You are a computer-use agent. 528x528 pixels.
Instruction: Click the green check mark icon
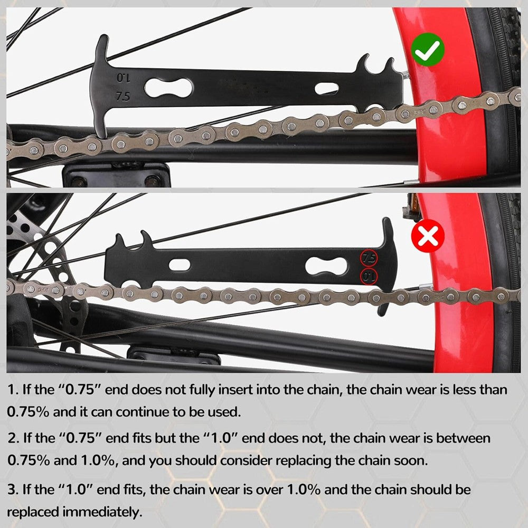pyautogui.click(x=428, y=49)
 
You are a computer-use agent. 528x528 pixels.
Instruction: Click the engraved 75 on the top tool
pyautogui.click(x=123, y=97)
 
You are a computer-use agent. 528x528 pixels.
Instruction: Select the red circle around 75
pyautogui.click(x=369, y=258)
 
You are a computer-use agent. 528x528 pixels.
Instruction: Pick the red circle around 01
pyautogui.click(x=369, y=276)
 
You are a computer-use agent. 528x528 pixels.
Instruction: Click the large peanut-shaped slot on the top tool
pyautogui.click(x=169, y=87)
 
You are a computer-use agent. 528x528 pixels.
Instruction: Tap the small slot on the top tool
pyautogui.click(x=326, y=88)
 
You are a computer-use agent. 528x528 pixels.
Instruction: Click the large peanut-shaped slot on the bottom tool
pyautogui.click(x=326, y=266)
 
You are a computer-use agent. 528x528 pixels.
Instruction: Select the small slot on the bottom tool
pyautogui.click(x=180, y=265)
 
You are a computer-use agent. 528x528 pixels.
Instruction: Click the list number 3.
pyautogui.click(x=11, y=489)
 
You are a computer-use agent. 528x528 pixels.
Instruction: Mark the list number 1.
pyautogui.click(x=11, y=390)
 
